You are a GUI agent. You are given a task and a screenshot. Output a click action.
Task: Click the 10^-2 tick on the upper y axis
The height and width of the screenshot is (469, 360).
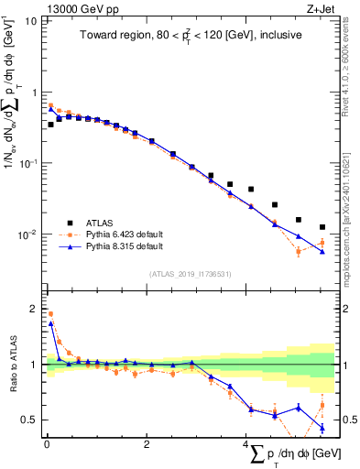(26, 235)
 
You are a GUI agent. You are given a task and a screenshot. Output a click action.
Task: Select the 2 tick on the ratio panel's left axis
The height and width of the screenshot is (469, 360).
(32, 308)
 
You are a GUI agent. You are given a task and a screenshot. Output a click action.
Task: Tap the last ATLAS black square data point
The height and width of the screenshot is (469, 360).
(322, 227)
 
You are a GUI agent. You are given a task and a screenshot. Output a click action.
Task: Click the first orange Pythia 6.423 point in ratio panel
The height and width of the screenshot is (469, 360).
(49, 313)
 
